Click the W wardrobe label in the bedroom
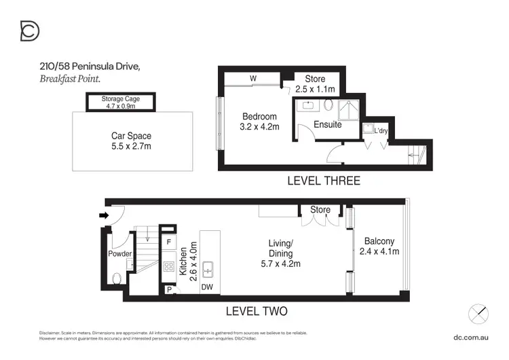point(252,79)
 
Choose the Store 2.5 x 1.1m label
point(316,84)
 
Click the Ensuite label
point(327,125)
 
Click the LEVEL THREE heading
point(323,181)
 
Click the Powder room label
point(119,254)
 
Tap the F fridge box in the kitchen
point(168,242)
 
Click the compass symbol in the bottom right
point(478,314)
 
